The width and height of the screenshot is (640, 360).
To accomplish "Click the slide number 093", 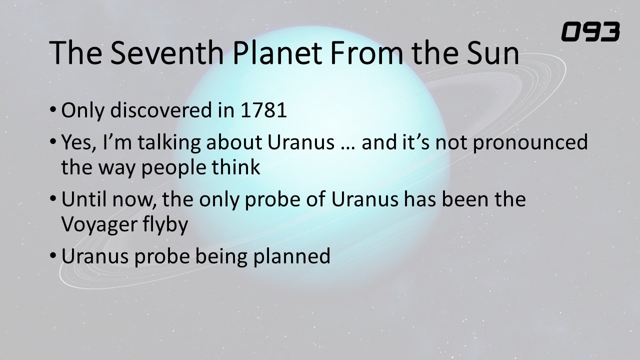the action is click(x=590, y=31).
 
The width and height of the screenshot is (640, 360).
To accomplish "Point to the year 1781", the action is click(x=263, y=110).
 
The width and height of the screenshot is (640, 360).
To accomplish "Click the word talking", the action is click(x=169, y=143).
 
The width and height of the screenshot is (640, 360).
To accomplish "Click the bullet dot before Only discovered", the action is click(x=53, y=109).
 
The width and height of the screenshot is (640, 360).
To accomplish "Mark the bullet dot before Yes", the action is click(x=53, y=141).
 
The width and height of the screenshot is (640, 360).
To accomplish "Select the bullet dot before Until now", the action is click(x=53, y=198).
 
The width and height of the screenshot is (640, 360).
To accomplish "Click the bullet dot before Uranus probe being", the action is click(x=53, y=255).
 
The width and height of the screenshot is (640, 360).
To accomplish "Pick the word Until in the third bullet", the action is click(x=84, y=199).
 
